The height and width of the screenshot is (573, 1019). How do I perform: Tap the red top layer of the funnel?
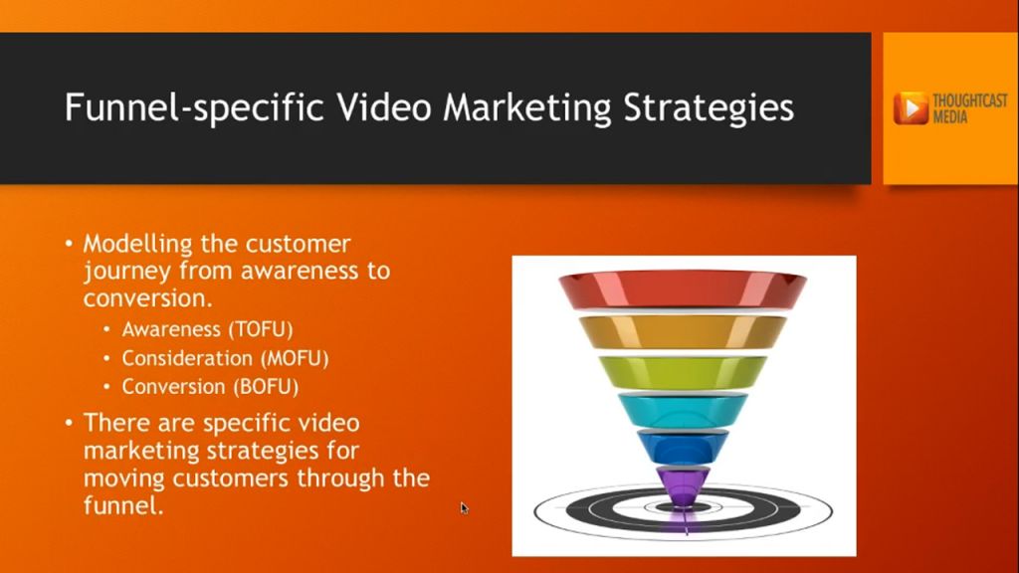tap(683, 289)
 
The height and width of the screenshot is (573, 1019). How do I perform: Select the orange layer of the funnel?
tap(683, 331)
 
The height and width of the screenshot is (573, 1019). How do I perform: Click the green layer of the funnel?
tap(683, 372)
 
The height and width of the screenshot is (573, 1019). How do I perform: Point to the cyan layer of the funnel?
tap(683, 409)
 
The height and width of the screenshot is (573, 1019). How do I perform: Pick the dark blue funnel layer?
tap(683, 445)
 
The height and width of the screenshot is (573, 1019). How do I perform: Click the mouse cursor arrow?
tap(464, 507)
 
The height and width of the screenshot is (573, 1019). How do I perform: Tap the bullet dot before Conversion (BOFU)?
tap(107, 387)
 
